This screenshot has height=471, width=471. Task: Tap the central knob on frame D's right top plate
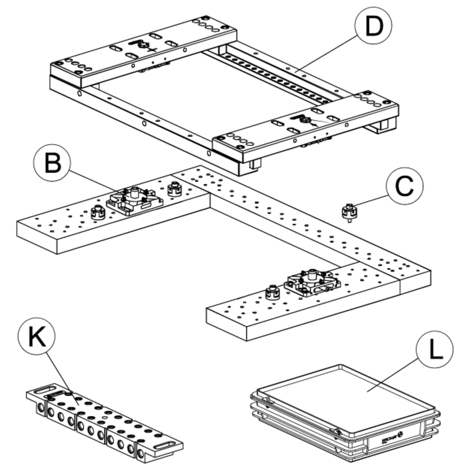(303, 119)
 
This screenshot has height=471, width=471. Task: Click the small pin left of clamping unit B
(99, 214)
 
